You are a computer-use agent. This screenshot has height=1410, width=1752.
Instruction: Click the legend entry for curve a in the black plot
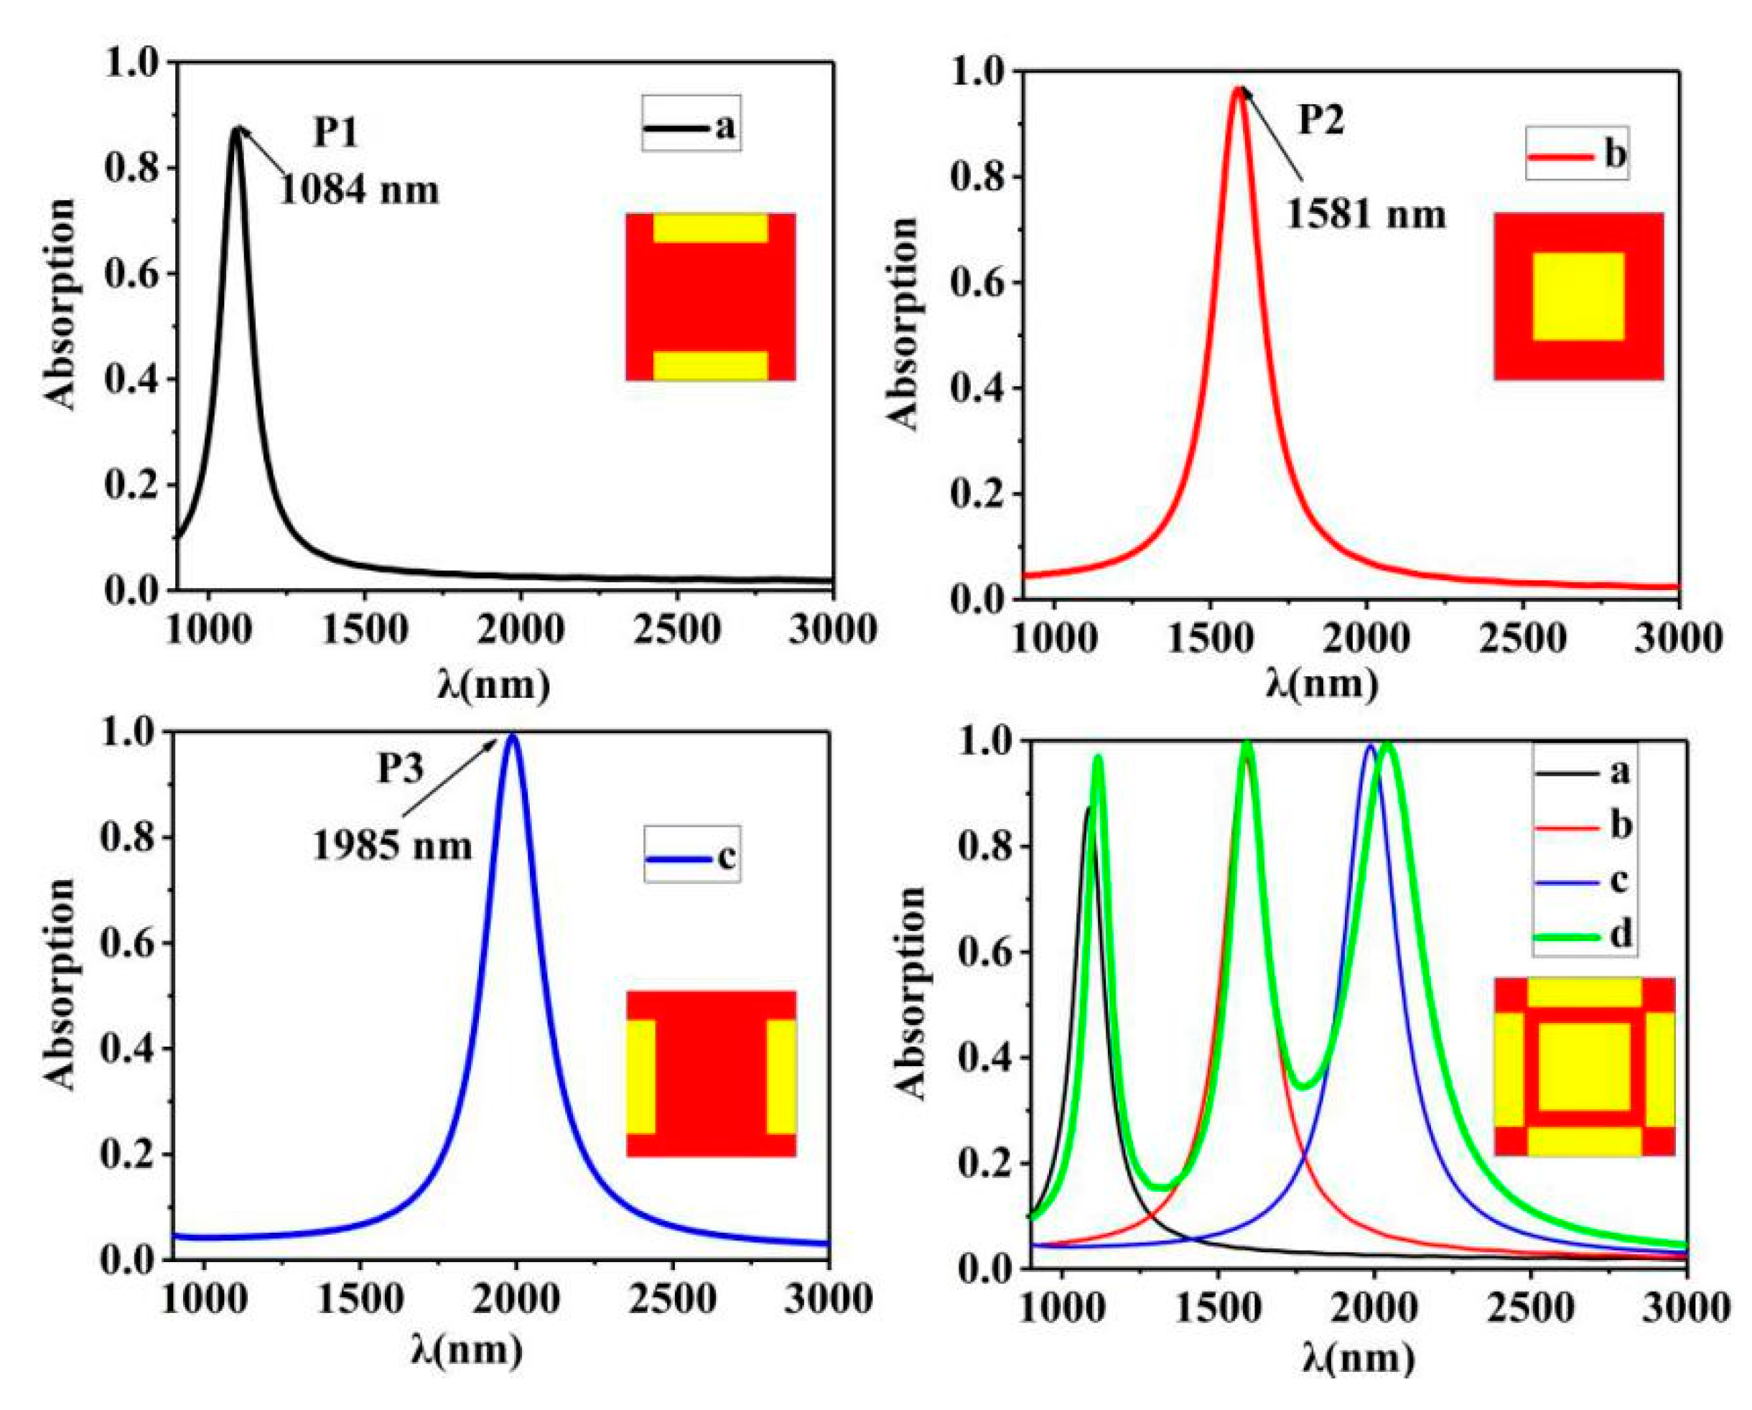(x=691, y=127)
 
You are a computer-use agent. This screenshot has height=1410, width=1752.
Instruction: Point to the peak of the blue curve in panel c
(x=513, y=737)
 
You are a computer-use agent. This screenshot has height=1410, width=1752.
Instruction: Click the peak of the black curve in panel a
(x=236, y=129)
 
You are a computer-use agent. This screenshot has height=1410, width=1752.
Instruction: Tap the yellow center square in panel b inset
(x=1578, y=296)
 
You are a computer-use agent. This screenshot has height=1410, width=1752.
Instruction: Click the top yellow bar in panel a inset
(x=710, y=228)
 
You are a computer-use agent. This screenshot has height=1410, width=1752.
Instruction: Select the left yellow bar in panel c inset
(x=640, y=1076)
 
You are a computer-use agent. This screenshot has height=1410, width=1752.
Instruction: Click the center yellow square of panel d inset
(x=1584, y=1067)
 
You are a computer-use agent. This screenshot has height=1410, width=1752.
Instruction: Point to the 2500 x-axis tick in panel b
(x=1522, y=640)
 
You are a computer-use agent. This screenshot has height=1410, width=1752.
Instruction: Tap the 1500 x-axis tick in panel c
(x=359, y=1299)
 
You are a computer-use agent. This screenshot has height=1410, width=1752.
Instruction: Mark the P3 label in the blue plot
(x=400, y=769)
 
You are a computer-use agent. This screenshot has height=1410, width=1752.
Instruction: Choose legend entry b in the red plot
(x=1577, y=154)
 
